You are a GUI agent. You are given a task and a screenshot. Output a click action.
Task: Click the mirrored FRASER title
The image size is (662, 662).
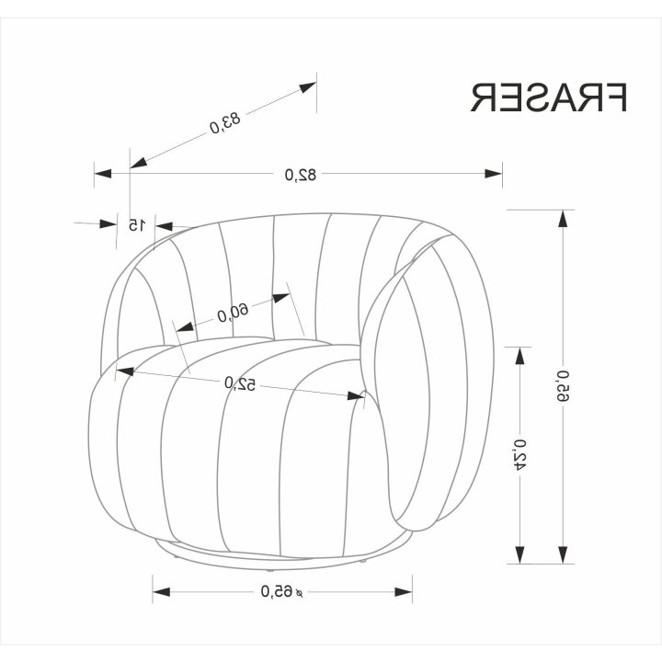pos(548,97)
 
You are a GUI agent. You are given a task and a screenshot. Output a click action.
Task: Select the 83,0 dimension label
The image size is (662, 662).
pos(224,122)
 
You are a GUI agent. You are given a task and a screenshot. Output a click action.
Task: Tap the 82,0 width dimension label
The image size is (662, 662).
pos(300,174)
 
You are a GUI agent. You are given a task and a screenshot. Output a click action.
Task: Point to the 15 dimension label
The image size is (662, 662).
pos(136,225)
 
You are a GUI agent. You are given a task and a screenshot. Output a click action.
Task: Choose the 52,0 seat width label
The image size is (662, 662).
pos(240,383)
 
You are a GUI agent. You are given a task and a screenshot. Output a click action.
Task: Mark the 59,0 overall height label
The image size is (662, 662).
pos(564,386)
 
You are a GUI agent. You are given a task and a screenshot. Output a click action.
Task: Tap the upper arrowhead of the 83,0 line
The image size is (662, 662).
pos(307,87)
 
